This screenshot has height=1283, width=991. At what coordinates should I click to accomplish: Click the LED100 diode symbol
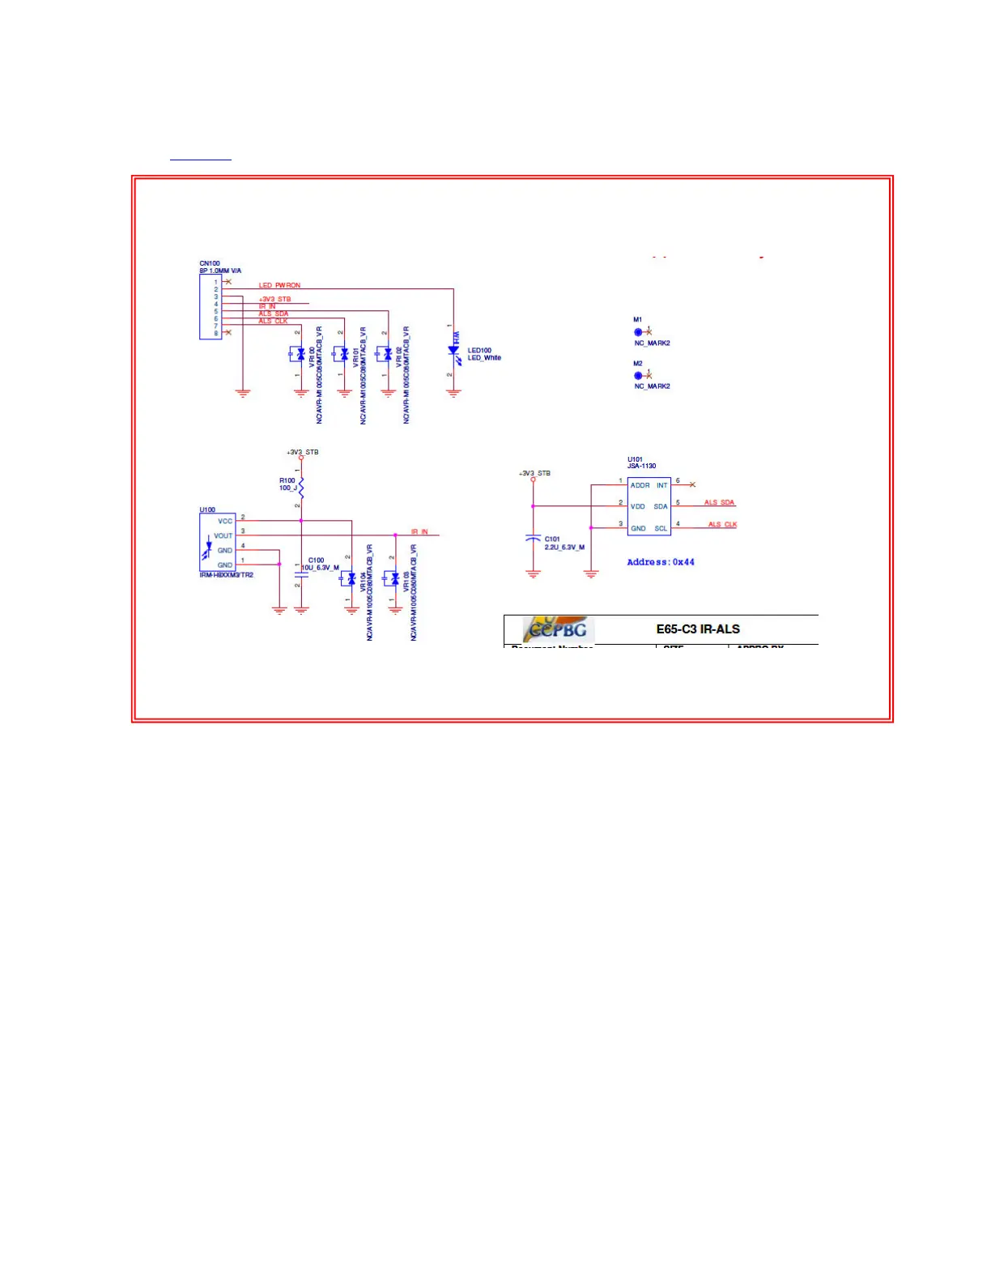[453, 352]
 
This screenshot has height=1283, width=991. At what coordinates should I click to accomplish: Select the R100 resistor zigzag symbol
[301, 487]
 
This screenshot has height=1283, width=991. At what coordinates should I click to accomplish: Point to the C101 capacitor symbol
[533, 538]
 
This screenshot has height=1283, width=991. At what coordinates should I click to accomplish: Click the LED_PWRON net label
[279, 285]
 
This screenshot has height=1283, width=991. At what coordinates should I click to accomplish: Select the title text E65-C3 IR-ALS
[698, 629]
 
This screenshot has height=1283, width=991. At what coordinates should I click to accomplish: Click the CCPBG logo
[559, 629]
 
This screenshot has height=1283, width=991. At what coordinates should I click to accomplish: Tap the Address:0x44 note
[661, 562]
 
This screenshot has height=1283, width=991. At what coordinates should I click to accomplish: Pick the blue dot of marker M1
[638, 332]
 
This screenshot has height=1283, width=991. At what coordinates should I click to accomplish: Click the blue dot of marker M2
[638, 376]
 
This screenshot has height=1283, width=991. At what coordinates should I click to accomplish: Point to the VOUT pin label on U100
[223, 535]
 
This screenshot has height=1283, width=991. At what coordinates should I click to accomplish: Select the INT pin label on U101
[661, 485]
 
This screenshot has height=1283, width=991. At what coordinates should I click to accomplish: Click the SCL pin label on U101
[661, 528]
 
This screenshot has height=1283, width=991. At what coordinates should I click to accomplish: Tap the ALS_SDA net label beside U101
[719, 503]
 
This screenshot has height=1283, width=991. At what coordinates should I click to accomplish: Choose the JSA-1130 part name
[642, 466]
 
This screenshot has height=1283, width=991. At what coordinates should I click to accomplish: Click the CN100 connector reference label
[210, 263]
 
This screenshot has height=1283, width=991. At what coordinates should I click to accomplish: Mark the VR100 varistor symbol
[300, 354]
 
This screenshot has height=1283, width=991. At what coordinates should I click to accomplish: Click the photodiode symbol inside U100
[208, 550]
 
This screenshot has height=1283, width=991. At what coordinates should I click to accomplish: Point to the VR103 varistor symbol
[394, 578]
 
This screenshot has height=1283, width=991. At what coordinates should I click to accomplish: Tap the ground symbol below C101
[533, 574]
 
